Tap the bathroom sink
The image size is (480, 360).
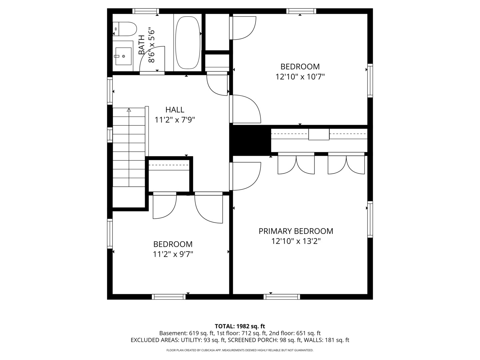point(123,56)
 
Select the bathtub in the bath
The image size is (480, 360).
point(188,42)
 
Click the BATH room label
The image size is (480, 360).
point(142,45)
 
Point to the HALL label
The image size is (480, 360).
point(175,110)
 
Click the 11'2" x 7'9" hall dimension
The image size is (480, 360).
point(175,120)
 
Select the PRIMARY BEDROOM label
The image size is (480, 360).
point(296,231)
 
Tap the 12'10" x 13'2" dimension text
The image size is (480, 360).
point(296,241)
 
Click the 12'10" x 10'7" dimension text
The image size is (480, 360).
point(300,77)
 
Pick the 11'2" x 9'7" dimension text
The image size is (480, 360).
point(173,254)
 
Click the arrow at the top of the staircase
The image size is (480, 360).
point(129,110)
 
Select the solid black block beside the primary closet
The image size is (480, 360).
point(250,140)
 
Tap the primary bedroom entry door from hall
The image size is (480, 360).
point(246,176)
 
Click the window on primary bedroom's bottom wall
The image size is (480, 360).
point(282,297)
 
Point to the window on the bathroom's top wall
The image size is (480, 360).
point(145,11)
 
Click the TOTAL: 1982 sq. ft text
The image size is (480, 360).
point(240,326)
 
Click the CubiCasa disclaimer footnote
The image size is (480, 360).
point(240,350)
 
